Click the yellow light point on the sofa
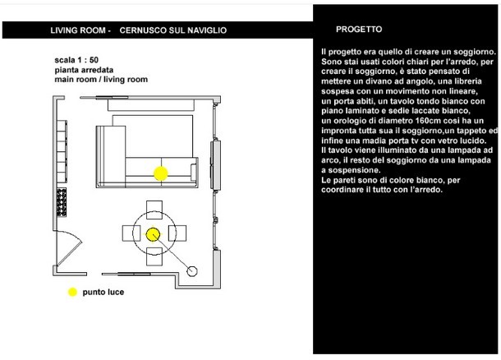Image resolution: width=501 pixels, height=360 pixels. click(x=161, y=173)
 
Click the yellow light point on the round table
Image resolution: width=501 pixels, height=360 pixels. click(x=153, y=234)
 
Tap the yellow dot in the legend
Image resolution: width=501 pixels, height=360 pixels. click(x=72, y=291)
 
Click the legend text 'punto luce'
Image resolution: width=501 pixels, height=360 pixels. click(x=103, y=291)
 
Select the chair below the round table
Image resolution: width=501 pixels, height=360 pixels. click(x=153, y=258)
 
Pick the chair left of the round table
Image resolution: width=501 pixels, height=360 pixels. click(x=128, y=234)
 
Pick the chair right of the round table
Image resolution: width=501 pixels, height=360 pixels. click(x=177, y=234)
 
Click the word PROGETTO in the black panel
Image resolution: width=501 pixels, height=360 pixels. click(x=359, y=29)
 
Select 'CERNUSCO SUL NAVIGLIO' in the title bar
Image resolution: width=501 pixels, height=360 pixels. click(x=173, y=30)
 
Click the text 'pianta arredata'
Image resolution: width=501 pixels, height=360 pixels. click(x=79, y=70)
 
